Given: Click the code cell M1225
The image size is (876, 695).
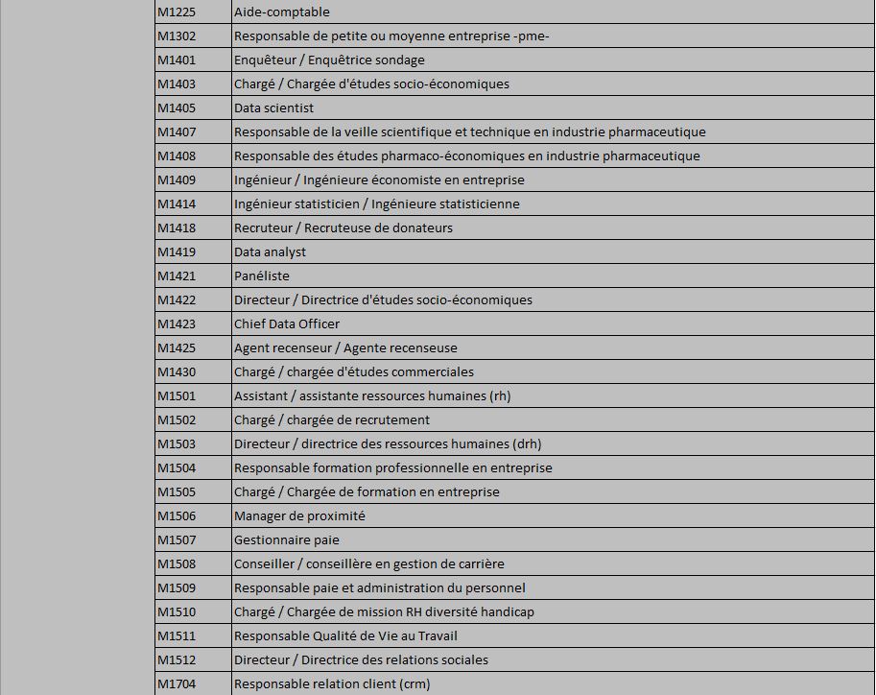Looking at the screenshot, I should [x=177, y=12].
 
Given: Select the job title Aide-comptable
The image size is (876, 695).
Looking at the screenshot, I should [x=282, y=12].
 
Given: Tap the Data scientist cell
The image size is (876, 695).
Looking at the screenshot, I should [x=273, y=108].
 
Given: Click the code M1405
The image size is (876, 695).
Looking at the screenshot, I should [x=177, y=108].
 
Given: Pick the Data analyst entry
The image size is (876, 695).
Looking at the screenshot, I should [x=270, y=252].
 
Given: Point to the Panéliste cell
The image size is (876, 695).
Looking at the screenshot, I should [x=261, y=276].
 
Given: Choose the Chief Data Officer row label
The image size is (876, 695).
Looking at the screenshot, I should [x=287, y=324].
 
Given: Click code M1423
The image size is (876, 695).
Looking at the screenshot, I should [x=177, y=324].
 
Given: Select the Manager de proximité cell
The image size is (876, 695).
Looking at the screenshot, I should [x=299, y=516].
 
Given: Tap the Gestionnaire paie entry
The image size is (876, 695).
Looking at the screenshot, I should [x=287, y=540].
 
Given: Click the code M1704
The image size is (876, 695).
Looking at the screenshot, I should [x=177, y=684].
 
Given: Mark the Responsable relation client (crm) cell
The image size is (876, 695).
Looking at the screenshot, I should [x=332, y=684].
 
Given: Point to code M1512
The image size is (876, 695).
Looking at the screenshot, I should [x=177, y=660].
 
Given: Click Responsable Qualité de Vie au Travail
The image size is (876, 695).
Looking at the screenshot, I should [x=345, y=636].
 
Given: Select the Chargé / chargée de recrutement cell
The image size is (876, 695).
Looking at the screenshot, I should [x=332, y=420].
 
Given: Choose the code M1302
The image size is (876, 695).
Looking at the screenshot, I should [x=177, y=36].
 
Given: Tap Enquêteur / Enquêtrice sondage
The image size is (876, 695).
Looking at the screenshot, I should [x=329, y=60].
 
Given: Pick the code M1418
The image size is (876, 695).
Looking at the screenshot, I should [x=177, y=228].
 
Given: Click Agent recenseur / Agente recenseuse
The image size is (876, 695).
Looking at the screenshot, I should [x=345, y=348].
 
